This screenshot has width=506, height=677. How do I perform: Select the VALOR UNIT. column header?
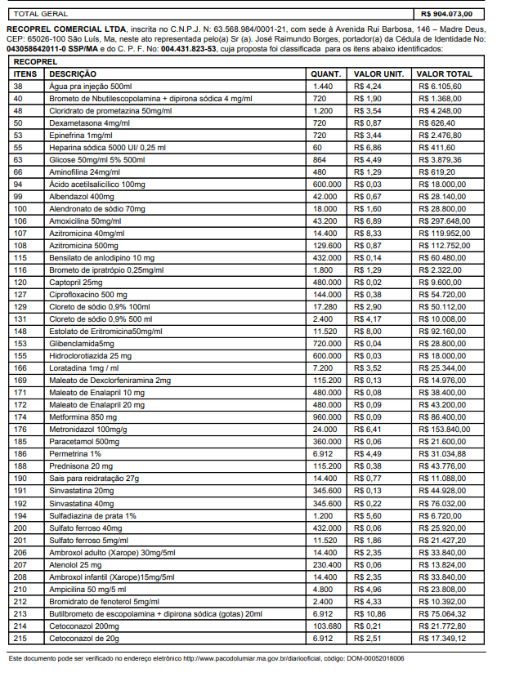coord(378,73)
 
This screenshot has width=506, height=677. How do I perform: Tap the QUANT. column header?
coord(327,73)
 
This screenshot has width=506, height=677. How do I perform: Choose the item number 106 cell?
coord(20,220)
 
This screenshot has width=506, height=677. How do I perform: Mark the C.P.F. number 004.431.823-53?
coord(189,48)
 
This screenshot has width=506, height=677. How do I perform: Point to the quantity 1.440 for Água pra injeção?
coord(322,86)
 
